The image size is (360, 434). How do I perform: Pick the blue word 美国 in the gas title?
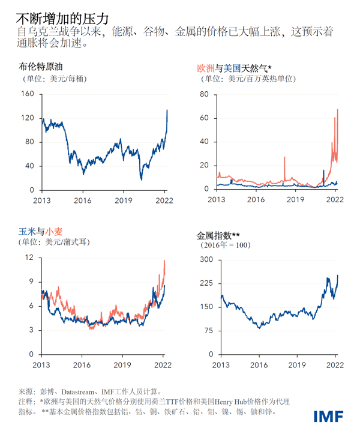[231, 68]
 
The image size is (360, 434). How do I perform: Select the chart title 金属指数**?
[218, 235]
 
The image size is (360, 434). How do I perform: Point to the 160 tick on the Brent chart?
[27, 94]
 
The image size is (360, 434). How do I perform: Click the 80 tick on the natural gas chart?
[204, 94]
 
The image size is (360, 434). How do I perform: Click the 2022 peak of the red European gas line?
[338, 109]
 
